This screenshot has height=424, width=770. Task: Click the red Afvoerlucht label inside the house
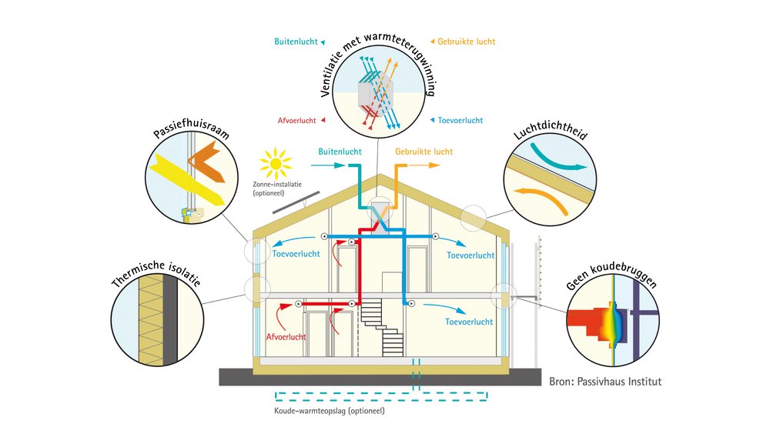coord(286,337)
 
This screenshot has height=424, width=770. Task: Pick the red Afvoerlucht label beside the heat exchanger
coord(296,120)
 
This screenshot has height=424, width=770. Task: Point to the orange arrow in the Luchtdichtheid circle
coord(545,196)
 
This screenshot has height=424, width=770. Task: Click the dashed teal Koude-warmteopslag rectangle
coord(381,397)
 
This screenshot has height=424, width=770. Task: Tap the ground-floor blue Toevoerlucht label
coord(470,322)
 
